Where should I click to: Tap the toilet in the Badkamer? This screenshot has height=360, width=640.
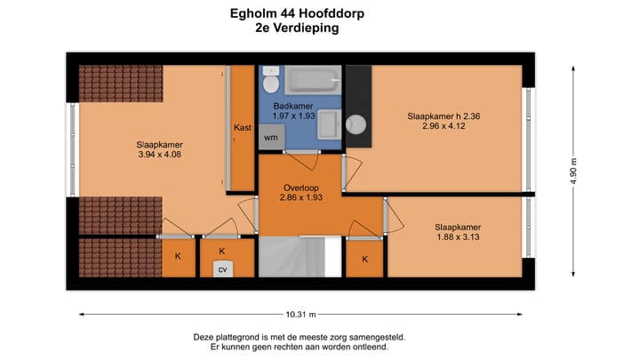point(271,81)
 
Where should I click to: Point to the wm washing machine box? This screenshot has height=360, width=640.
point(270,138)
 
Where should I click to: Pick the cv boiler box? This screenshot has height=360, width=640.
point(223,269)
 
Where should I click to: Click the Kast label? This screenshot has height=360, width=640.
point(242,128)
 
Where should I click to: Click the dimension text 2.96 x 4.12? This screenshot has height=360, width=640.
point(444,127)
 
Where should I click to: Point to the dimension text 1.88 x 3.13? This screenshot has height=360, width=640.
point(457,237)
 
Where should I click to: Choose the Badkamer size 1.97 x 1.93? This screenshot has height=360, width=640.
point(293,116)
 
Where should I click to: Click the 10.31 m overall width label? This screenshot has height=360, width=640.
point(300,314)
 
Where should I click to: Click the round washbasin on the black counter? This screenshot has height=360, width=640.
point(357,124)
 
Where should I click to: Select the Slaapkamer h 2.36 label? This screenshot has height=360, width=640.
point(444,116)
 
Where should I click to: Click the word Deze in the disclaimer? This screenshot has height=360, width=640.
point(205,337)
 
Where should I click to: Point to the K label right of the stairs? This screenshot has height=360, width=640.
point(364,260)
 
